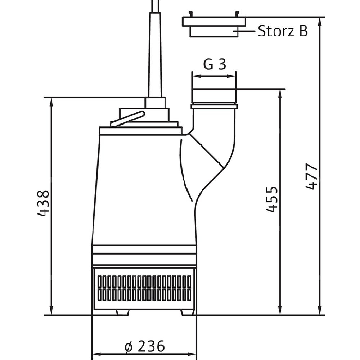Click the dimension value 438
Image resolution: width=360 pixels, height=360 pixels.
[43, 203]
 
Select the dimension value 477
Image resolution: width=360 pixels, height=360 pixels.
[311, 176]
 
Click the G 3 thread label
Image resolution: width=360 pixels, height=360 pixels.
[215, 64]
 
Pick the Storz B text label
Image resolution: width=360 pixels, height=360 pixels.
[283, 31]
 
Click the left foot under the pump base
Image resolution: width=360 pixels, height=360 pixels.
[123, 312]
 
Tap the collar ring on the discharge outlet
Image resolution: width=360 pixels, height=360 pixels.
[214, 107]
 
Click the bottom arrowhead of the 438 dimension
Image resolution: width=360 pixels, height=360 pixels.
[51, 311]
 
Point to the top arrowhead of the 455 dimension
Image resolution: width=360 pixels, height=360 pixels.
[280, 93]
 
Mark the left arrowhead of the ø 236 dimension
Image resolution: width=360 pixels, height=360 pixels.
[96, 354]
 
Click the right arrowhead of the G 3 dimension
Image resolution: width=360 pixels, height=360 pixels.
[231, 76]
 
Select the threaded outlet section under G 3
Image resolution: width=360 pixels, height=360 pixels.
[214, 96]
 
